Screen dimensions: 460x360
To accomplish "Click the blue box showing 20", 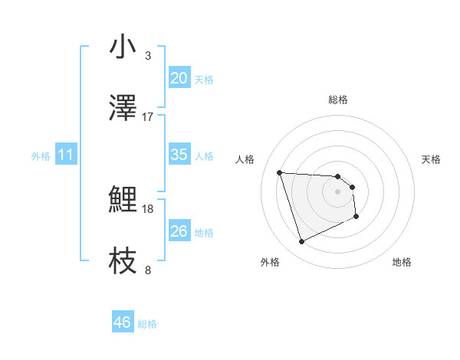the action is point(179,77).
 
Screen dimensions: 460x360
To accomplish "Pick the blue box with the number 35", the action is point(179,154).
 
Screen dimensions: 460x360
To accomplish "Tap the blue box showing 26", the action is point(179,231).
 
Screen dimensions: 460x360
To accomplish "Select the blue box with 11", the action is point(66,154).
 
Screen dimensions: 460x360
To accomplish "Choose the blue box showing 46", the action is point(123,322).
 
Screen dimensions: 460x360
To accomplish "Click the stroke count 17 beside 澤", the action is point(148,116).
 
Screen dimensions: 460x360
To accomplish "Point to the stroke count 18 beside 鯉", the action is point(148,208).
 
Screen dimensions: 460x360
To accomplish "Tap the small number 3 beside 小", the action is point(148,56).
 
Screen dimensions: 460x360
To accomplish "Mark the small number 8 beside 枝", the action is point(148,270).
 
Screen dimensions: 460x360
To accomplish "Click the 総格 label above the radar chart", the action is point(338,100).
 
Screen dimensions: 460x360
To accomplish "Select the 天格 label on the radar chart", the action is point(432,159).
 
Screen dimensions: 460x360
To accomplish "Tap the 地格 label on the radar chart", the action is point(402,262).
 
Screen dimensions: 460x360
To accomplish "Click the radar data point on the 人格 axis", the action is point(280,172).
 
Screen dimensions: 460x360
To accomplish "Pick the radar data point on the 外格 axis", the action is point(301,242).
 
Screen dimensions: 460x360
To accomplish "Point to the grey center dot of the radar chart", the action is point(338,201).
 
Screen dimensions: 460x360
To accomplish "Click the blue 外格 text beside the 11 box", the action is point(41,155).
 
